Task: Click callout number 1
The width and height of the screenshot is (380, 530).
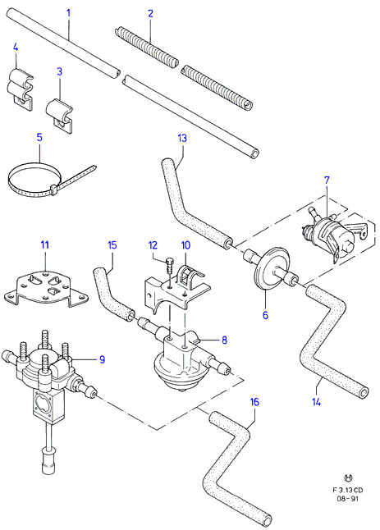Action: click(x=69, y=13)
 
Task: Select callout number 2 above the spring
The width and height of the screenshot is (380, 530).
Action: click(x=150, y=13)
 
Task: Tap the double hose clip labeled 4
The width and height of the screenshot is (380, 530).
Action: click(x=21, y=89)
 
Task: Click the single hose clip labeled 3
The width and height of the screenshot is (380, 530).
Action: click(x=59, y=115)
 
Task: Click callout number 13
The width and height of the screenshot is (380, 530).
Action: click(x=182, y=139)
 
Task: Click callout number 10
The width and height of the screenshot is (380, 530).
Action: click(x=186, y=245)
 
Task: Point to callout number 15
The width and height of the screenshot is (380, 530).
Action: click(x=112, y=245)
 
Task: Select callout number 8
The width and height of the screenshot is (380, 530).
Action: click(x=225, y=340)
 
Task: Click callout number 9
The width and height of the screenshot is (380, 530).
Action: click(x=103, y=359)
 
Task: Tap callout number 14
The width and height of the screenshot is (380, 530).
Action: click(x=317, y=402)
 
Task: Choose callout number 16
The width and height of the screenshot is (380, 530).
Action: click(x=254, y=402)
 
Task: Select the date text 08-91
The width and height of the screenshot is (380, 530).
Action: click(x=349, y=499)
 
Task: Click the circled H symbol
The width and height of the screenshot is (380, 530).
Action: click(x=348, y=478)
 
